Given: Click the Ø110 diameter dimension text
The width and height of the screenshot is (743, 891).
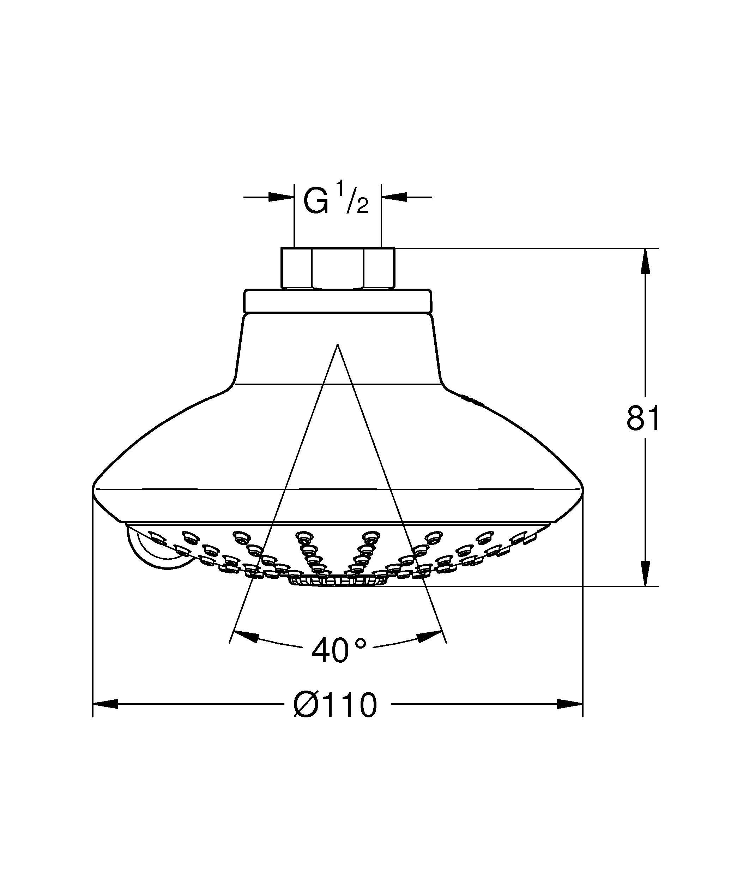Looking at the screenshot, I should (335, 705).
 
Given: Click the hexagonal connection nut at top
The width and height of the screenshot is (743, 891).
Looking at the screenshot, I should (338, 269).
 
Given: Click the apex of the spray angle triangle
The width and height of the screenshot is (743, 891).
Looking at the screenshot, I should (338, 345).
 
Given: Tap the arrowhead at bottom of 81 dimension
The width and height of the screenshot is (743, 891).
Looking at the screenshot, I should (645, 574).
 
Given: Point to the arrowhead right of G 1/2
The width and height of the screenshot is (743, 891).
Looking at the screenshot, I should (394, 197).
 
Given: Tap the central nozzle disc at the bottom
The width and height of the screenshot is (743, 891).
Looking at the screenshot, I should (338, 580).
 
